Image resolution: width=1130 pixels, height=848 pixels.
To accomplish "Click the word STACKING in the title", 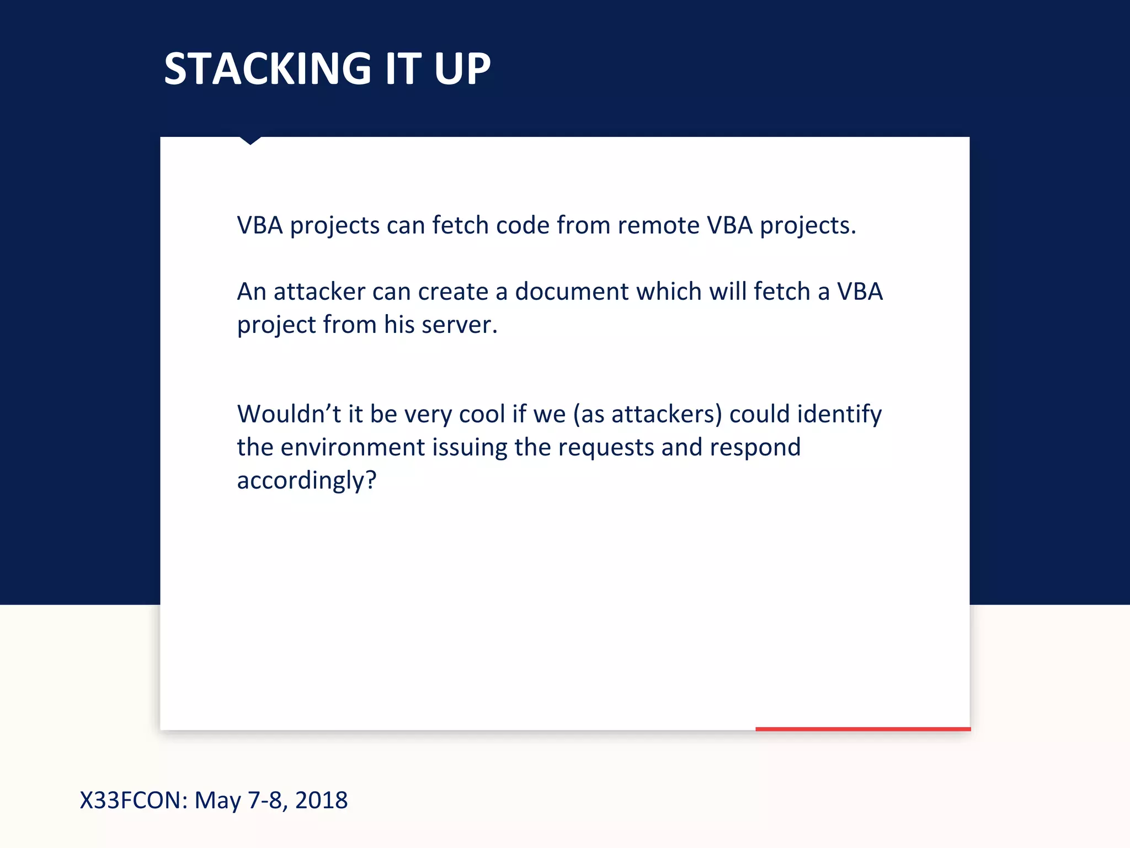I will (268, 69).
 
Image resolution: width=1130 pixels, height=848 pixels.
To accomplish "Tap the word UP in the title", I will (462, 69).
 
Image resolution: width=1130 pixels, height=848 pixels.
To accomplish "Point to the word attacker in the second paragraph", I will (319, 291).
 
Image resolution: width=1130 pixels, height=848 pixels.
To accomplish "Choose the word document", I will (572, 291).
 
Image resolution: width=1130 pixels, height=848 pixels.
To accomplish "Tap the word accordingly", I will (303, 480).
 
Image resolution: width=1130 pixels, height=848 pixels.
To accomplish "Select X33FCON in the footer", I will (134, 801).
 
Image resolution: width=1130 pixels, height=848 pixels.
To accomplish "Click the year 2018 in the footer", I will (321, 801).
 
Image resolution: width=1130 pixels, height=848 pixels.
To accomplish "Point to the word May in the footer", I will (217, 801).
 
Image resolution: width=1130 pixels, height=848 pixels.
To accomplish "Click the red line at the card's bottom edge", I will (862, 729).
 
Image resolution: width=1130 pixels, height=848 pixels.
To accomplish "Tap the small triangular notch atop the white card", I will (250, 140).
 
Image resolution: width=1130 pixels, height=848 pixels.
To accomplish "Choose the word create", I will (453, 291).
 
